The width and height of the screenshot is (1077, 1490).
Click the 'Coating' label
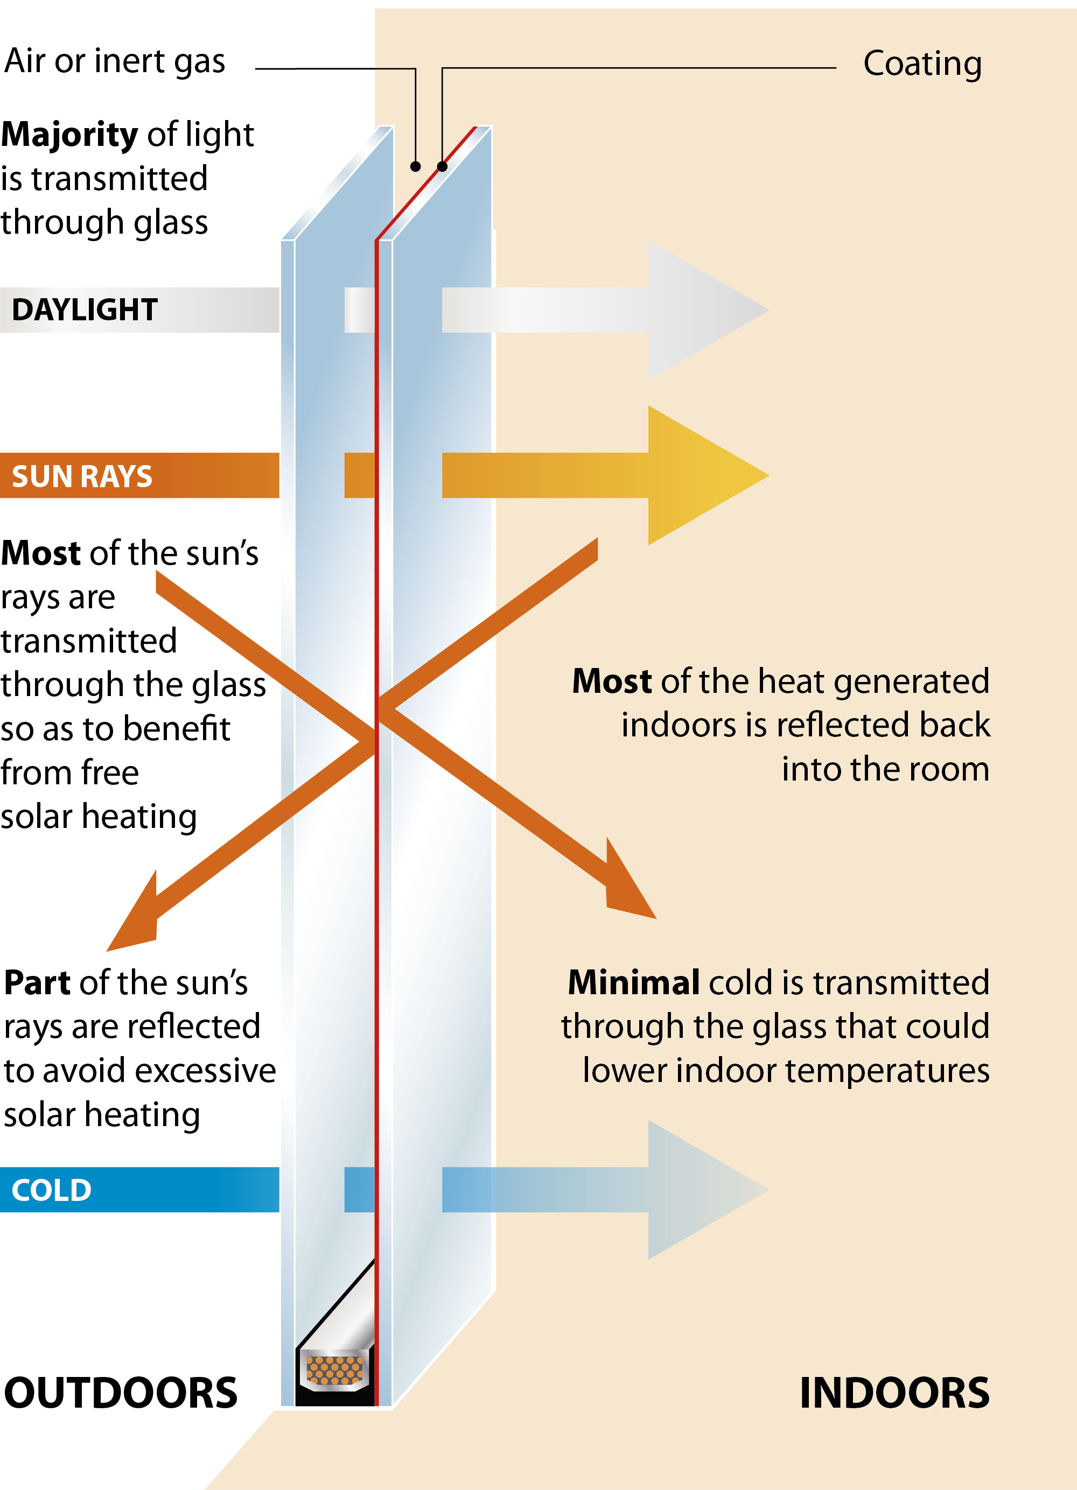point(922,64)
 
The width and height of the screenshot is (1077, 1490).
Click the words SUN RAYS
point(82,476)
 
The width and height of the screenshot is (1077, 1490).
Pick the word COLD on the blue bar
point(51,1190)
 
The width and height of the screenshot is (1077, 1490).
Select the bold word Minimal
point(633,983)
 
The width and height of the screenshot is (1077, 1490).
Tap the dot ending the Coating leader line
point(442,167)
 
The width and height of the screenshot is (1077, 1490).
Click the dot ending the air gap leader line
point(415,167)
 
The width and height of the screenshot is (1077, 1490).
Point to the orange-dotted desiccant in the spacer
point(334,1370)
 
